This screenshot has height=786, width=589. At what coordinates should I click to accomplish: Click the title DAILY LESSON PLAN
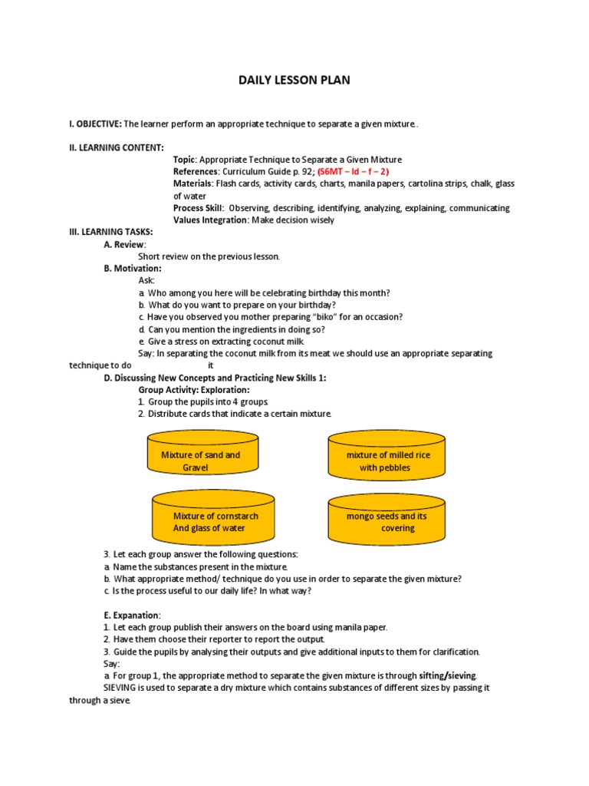(294, 79)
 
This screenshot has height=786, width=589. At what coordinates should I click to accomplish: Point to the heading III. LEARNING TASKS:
(111, 232)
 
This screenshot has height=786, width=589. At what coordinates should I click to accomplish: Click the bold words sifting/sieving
(448, 675)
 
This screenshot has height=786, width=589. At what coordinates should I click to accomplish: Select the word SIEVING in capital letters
(121, 688)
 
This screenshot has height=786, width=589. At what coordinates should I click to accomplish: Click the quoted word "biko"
(311, 317)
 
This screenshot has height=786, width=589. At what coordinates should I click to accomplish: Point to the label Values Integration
(210, 220)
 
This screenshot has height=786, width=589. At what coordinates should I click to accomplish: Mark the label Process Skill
(198, 208)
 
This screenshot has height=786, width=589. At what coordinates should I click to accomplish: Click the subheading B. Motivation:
(133, 269)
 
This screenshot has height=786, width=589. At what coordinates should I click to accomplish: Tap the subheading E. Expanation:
(132, 615)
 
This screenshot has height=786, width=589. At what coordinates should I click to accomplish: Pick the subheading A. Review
(125, 244)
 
